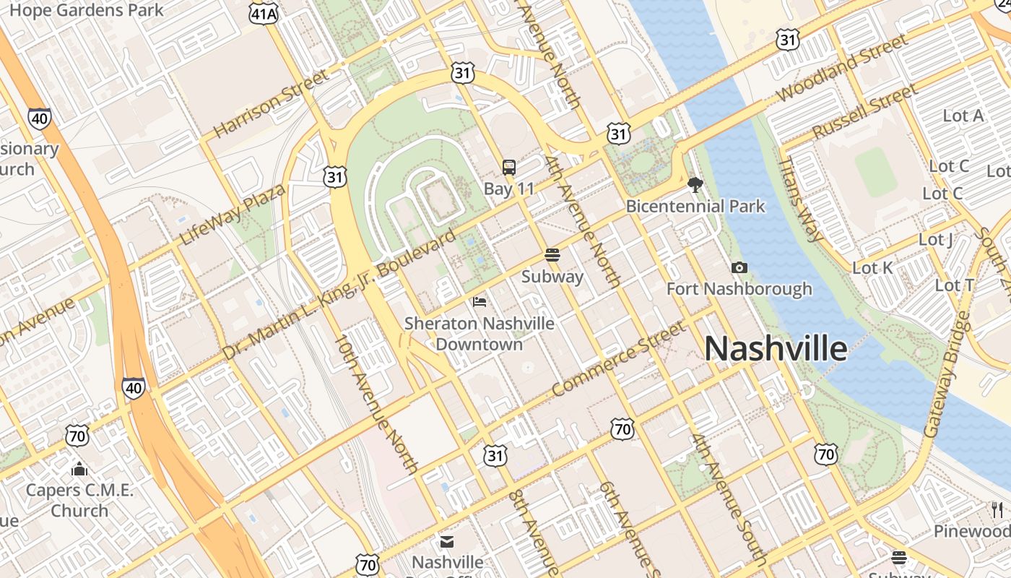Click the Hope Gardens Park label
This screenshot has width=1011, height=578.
coord(87,10)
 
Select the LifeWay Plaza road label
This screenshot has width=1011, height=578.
coord(233,214)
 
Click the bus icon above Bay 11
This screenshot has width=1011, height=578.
coord(509,168)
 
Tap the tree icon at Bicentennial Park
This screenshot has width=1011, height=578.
coord(695,185)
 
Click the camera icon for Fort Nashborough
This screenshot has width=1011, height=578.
coord(739,268)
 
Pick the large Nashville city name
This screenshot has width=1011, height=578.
coord(776,349)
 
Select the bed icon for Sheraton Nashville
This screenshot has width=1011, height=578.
coord(480,301)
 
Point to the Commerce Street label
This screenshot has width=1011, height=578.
coord(618,359)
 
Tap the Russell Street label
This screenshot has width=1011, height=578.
coord(864,112)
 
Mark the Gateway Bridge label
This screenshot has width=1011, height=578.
coord(946,374)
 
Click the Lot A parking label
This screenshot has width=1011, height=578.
coord(963,116)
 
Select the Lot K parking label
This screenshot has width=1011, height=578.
coord(872,268)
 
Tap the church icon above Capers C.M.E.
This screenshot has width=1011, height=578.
coord(79,470)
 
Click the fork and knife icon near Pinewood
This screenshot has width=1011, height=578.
coord(998,509)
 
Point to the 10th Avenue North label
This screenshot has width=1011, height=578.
coord(377,404)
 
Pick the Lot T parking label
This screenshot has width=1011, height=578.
coord(955,285)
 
